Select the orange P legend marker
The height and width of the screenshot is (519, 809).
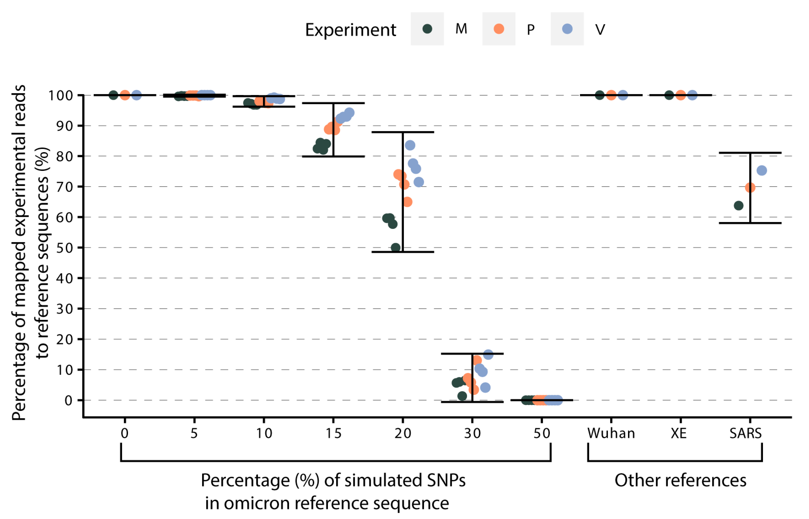[x=499, y=29]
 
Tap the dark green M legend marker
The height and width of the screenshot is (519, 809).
[x=427, y=29]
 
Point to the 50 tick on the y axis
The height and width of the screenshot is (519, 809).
[x=64, y=248]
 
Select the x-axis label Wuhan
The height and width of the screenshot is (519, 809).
[x=611, y=433]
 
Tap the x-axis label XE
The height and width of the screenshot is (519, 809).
[x=679, y=433]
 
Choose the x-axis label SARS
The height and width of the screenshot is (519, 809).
[x=745, y=433]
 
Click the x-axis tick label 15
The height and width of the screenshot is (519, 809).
[x=333, y=433]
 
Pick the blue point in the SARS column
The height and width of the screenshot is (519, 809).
[x=761, y=171]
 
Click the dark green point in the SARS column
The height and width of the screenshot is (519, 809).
[x=738, y=206]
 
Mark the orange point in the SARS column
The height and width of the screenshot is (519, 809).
[x=750, y=187]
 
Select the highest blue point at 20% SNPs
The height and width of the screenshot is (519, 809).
[x=410, y=145]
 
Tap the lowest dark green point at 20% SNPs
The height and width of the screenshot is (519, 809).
[x=396, y=248]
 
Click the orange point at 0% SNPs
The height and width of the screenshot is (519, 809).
[x=125, y=95]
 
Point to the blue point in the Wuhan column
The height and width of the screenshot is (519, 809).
[x=623, y=95]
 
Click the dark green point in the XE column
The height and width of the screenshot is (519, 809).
[x=669, y=95]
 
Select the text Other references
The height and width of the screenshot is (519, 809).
[x=680, y=480]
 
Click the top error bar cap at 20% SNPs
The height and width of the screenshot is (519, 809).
[x=403, y=132]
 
